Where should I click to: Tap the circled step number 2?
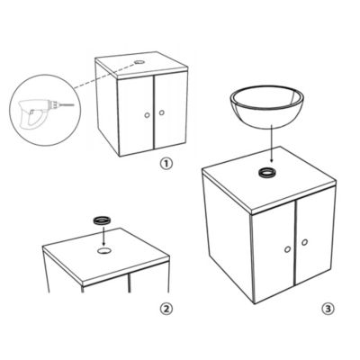click(166, 309)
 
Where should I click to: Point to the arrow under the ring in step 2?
click(103, 236)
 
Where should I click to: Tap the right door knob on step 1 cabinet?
click(162, 112)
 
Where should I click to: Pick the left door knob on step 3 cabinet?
click(287, 249)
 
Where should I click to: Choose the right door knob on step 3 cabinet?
click(304, 242)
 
